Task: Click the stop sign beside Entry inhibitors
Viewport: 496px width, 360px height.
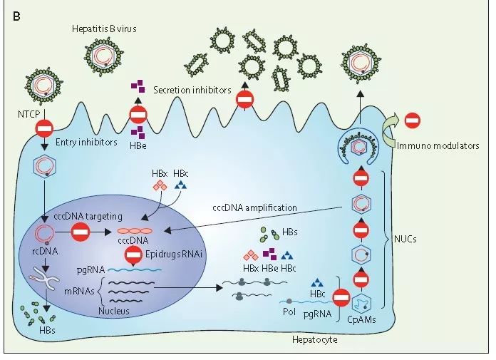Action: click(44, 129)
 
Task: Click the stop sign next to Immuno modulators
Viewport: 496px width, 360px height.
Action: click(412, 120)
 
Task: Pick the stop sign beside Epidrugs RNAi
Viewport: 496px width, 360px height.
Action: click(133, 254)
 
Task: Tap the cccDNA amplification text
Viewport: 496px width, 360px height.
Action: click(254, 207)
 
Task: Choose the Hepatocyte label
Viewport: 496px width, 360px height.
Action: click(315, 340)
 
